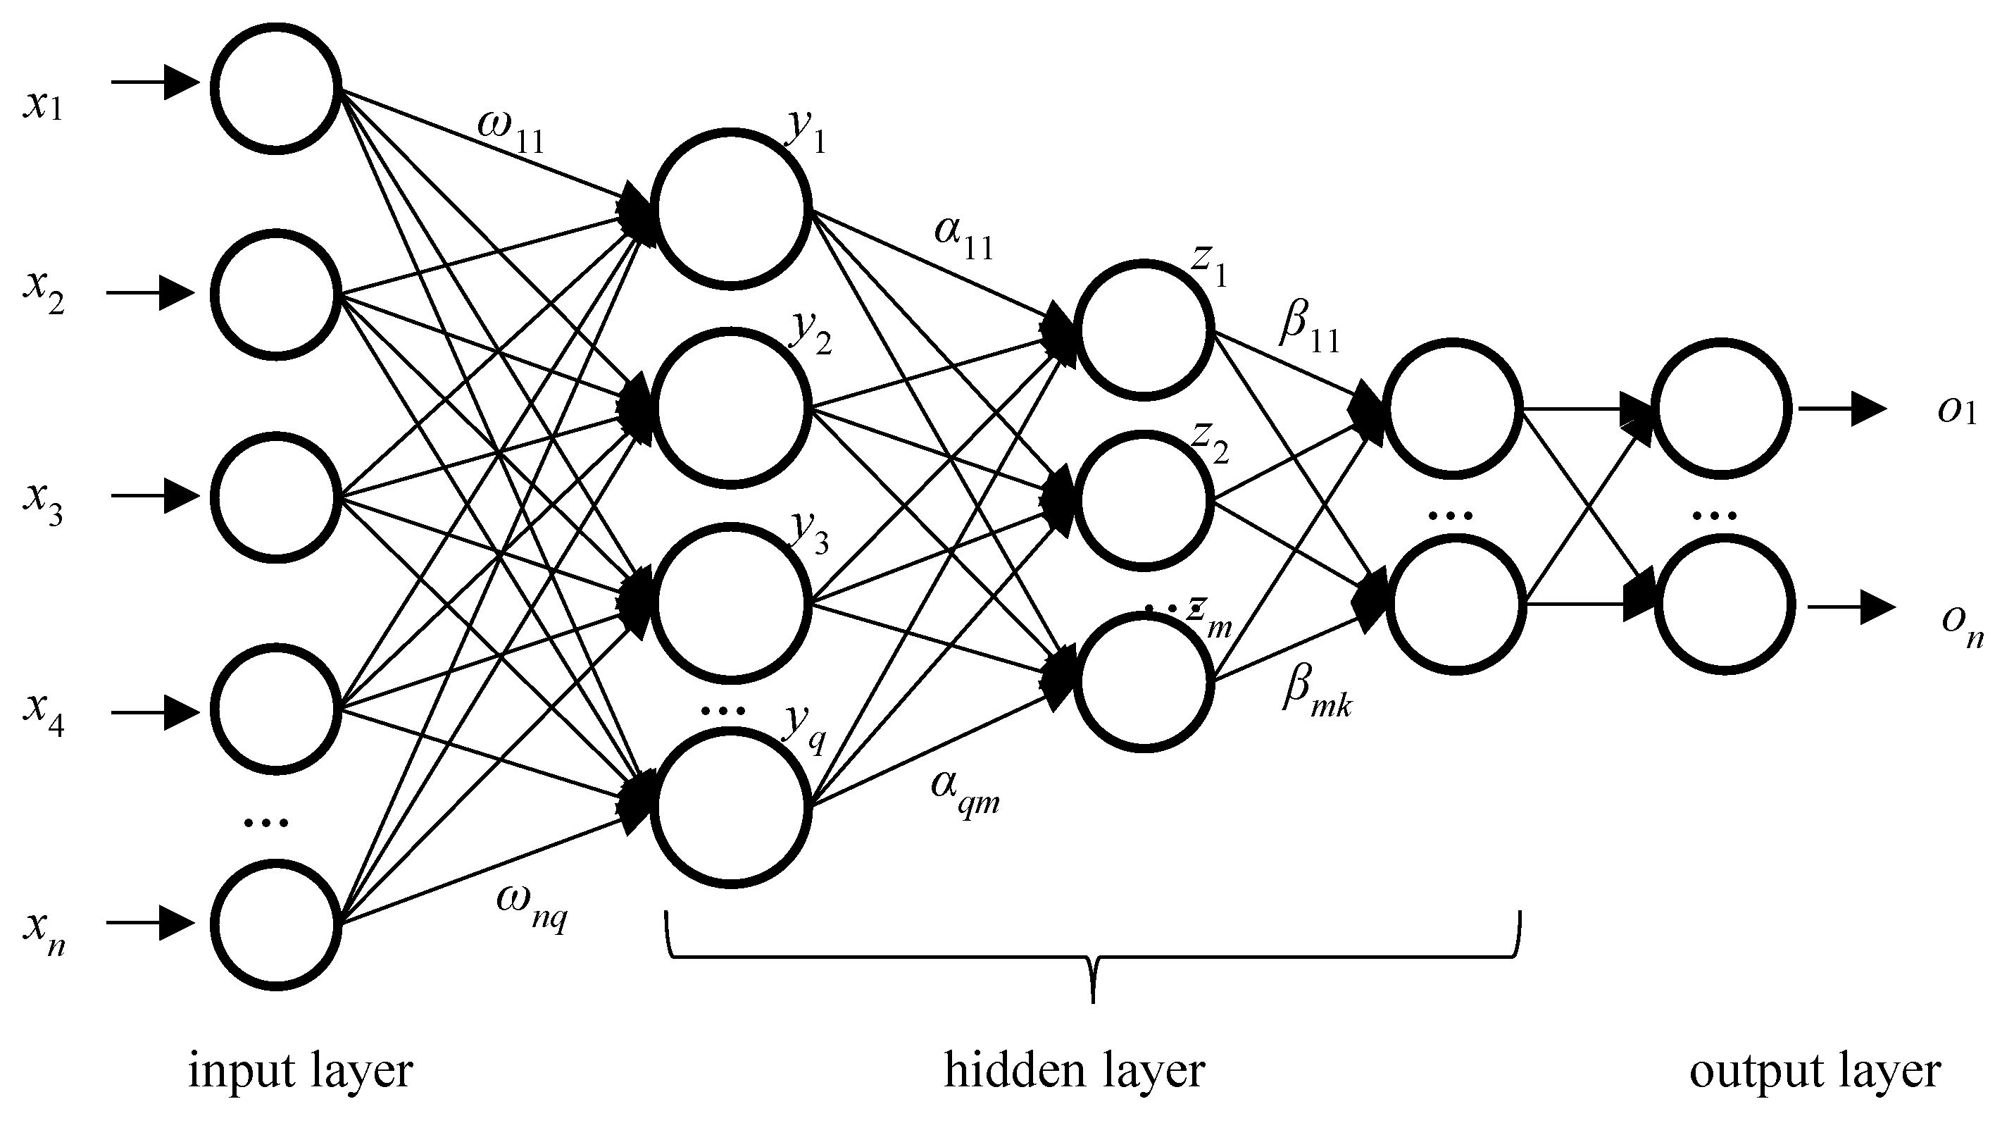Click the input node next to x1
[x=275, y=87]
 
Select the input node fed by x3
[x=275, y=497]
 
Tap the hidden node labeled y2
[x=730, y=408]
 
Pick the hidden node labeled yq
[x=730, y=807]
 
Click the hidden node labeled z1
[x=1144, y=330]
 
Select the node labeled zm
[x=1144, y=682]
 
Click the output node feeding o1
[x=1722, y=408]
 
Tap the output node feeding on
[x=1725, y=605]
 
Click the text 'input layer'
[x=300, y=1072]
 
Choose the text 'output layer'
[x=1814, y=1072]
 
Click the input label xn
[x=44, y=933]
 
